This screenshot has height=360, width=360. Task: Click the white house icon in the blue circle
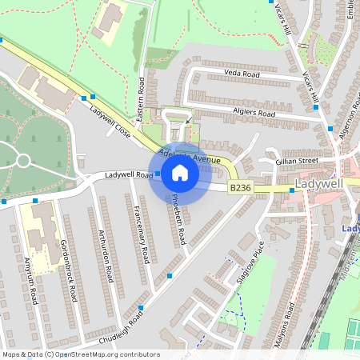click(180, 173)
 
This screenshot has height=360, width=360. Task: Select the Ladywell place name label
click(319, 184)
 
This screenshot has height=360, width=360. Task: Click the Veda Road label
click(242, 73)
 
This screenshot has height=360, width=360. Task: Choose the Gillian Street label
click(297, 161)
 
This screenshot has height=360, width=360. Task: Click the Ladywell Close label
click(110, 121)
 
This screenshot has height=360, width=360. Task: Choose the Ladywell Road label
click(128, 175)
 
